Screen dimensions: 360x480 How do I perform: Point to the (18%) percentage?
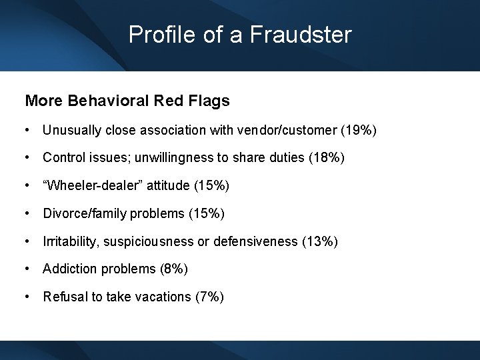[x=326, y=158]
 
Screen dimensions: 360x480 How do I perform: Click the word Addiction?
[x=68, y=269]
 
